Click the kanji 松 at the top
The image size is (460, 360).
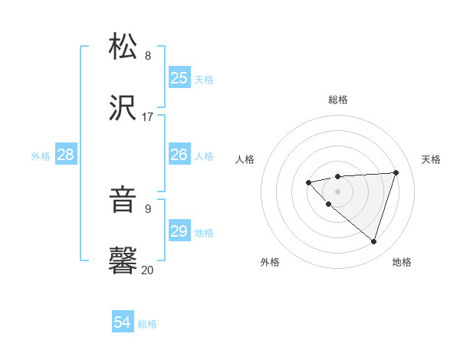click(x=123, y=47)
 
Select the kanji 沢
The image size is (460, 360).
click(x=123, y=108)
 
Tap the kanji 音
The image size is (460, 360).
click(x=123, y=201)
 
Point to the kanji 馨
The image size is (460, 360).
click(x=123, y=261)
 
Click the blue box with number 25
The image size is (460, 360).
click(x=179, y=77)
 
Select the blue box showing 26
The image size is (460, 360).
click(x=179, y=155)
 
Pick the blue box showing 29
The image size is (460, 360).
click(x=179, y=231)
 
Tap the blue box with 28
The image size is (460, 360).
click(x=66, y=155)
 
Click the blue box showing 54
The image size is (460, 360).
click(x=123, y=323)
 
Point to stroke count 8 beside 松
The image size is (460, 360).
click(x=148, y=56)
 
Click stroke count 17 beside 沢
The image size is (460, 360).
click(x=148, y=117)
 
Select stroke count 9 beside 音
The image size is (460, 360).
click(x=148, y=208)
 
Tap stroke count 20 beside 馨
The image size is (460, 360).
click(x=148, y=270)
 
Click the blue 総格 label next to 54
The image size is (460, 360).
click(x=147, y=324)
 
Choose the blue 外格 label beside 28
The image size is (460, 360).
click(x=41, y=155)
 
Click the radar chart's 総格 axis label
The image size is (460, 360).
click(x=338, y=100)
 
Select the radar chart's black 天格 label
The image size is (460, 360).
click(x=431, y=159)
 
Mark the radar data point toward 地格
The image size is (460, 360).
click(x=373, y=241)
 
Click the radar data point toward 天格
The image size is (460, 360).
click(x=396, y=172)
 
